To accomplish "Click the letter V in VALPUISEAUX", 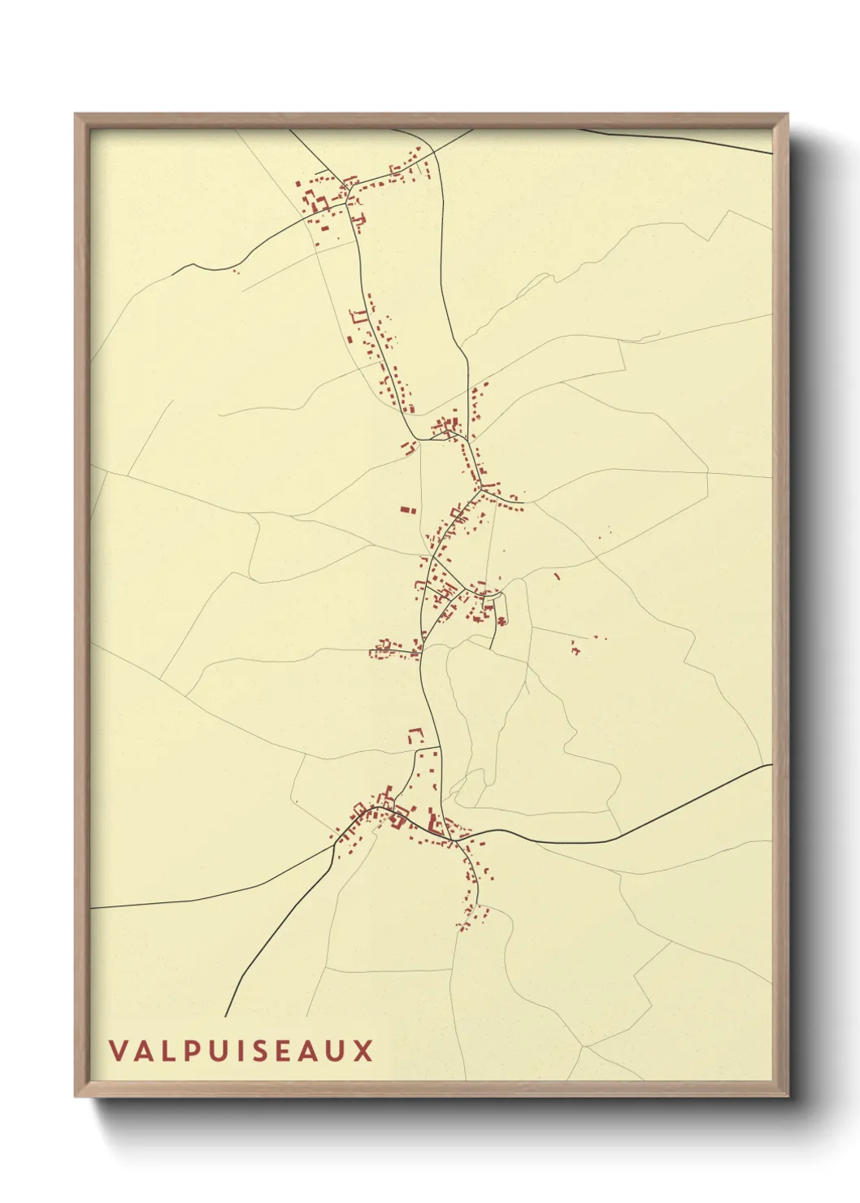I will (x=119, y=1050).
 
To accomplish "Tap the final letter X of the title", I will (x=363, y=1050).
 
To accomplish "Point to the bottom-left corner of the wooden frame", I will (x=76, y=1095).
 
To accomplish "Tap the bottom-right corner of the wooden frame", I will (x=787, y=1095).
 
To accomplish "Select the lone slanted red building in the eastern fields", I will (x=557, y=576).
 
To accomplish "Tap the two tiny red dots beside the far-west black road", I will (x=236, y=271).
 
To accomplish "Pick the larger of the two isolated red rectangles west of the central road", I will (x=405, y=510).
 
